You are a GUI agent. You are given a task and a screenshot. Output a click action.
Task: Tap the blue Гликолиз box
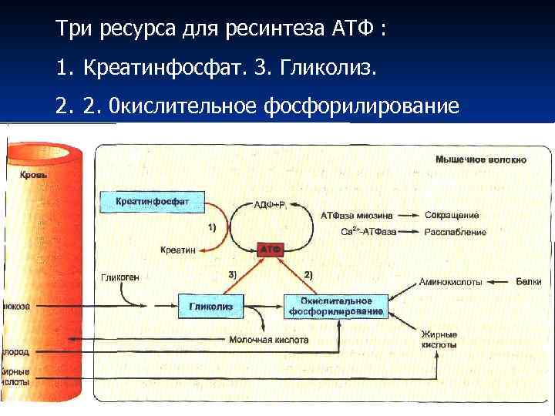[210, 306]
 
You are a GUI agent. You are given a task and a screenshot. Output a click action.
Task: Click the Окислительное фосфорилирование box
[336, 306]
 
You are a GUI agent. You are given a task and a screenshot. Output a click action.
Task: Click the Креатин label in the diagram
[178, 250]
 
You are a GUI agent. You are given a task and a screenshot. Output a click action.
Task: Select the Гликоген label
[120, 277]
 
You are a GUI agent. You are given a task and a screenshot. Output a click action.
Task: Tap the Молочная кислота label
[269, 339]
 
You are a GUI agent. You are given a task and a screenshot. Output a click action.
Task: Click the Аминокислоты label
[451, 282]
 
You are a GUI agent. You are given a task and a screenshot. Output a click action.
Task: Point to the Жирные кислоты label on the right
[439, 340]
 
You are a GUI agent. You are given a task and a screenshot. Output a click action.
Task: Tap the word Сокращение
[452, 215]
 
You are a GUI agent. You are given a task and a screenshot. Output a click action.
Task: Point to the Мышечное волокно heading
[481, 159]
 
